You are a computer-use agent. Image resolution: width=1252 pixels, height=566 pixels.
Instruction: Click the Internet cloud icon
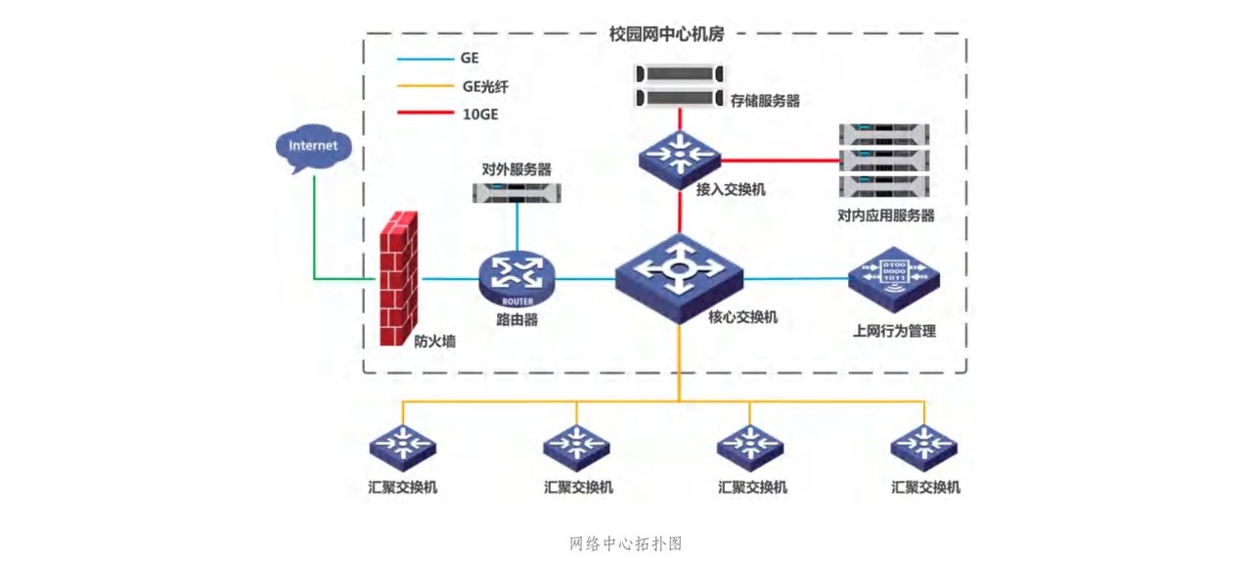(313, 148)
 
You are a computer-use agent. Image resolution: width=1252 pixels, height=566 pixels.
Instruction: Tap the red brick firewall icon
(399, 278)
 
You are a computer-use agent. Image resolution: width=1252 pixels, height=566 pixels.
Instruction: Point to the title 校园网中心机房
(666, 32)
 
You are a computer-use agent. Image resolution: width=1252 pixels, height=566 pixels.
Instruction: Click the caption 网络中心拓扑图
(625, 543)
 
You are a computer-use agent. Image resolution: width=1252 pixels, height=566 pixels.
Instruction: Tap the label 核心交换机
(742, 317)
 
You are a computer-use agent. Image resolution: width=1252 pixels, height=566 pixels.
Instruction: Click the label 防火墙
(434, 341)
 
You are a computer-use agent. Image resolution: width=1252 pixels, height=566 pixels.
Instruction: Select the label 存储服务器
(765, 100)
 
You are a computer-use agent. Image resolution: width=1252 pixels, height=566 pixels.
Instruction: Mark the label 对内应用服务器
(886, 215)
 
